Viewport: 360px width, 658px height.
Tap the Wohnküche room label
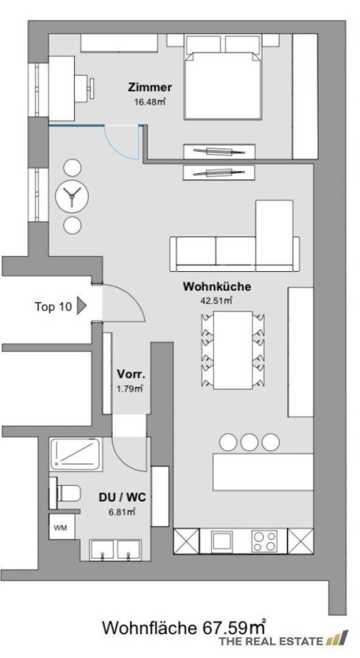tap(208, 287)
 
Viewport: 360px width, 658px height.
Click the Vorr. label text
tap(129, 374)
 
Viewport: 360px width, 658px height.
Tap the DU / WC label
tap(122, 497)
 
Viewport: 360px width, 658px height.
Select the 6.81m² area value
tap(122, 511)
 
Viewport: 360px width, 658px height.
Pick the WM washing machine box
tap(60, 528)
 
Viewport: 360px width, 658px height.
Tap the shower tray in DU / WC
tap(76, 454)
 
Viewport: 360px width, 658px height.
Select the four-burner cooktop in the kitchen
tap(265, 542)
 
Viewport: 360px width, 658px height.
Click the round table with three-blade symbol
tap(71, 195)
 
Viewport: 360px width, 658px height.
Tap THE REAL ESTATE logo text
tap(271, 641)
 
